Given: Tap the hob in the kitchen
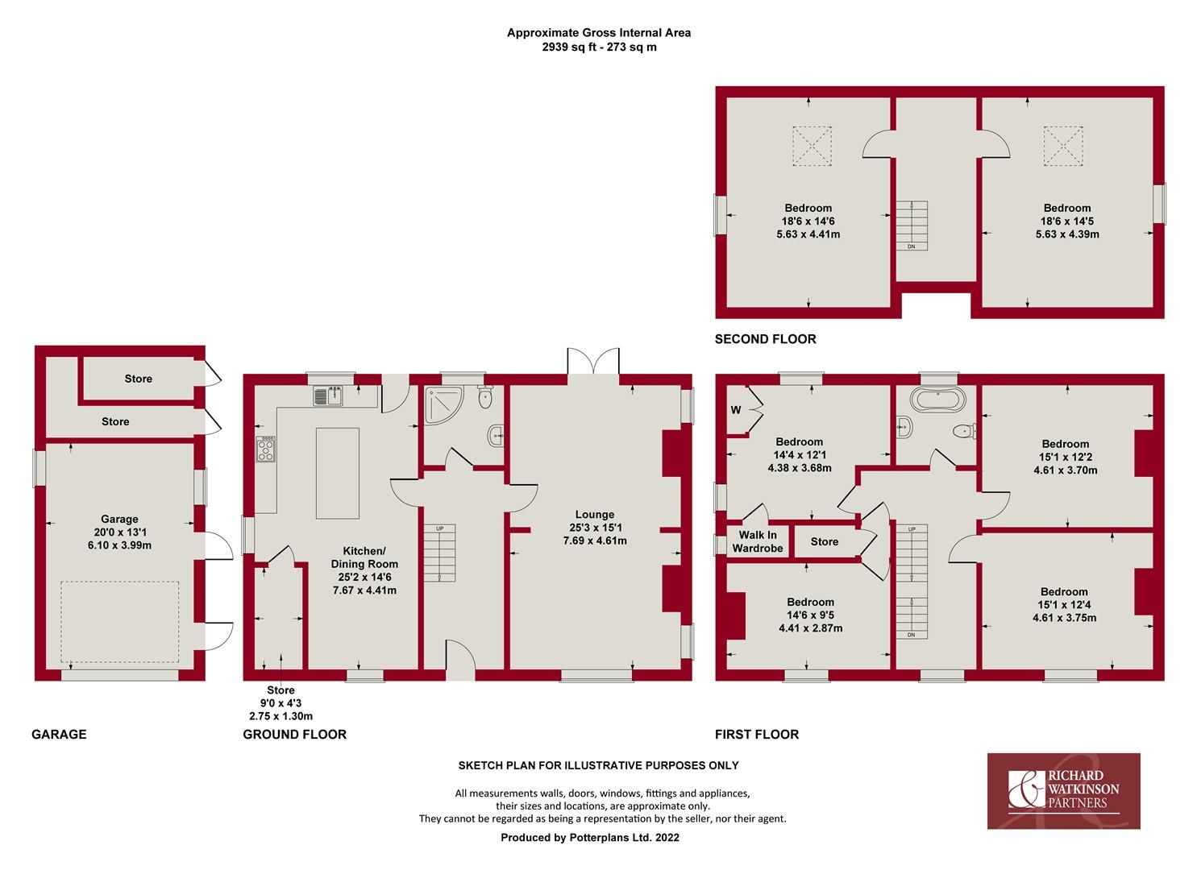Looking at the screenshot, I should click(x=266, y=449).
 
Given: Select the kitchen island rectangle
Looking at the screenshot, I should click(x=337, y=473).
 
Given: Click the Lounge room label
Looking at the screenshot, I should click(x=595, y=514).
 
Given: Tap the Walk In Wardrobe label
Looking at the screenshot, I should click(x=757, y=541).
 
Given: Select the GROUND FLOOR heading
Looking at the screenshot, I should click(x=295, y=734).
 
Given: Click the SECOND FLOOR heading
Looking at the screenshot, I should click(x=765, y=339).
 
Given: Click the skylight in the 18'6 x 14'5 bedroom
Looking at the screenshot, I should click(x=1064, y=146).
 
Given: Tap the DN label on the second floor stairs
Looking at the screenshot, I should click(x=911, y=246).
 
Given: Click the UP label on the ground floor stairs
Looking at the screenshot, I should click(x=439, y=528).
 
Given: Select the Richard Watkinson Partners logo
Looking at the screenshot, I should click(x=1063, y=790).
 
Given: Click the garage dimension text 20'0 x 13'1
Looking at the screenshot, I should click(x=119, y=532).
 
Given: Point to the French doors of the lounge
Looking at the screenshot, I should click(x=593, y=362).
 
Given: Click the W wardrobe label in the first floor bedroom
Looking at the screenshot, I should click(x=735, y=410).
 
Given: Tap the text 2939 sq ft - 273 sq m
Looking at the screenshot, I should click(x=599, y=47).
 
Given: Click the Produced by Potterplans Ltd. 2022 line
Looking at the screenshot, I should click(x=590, y=837).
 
